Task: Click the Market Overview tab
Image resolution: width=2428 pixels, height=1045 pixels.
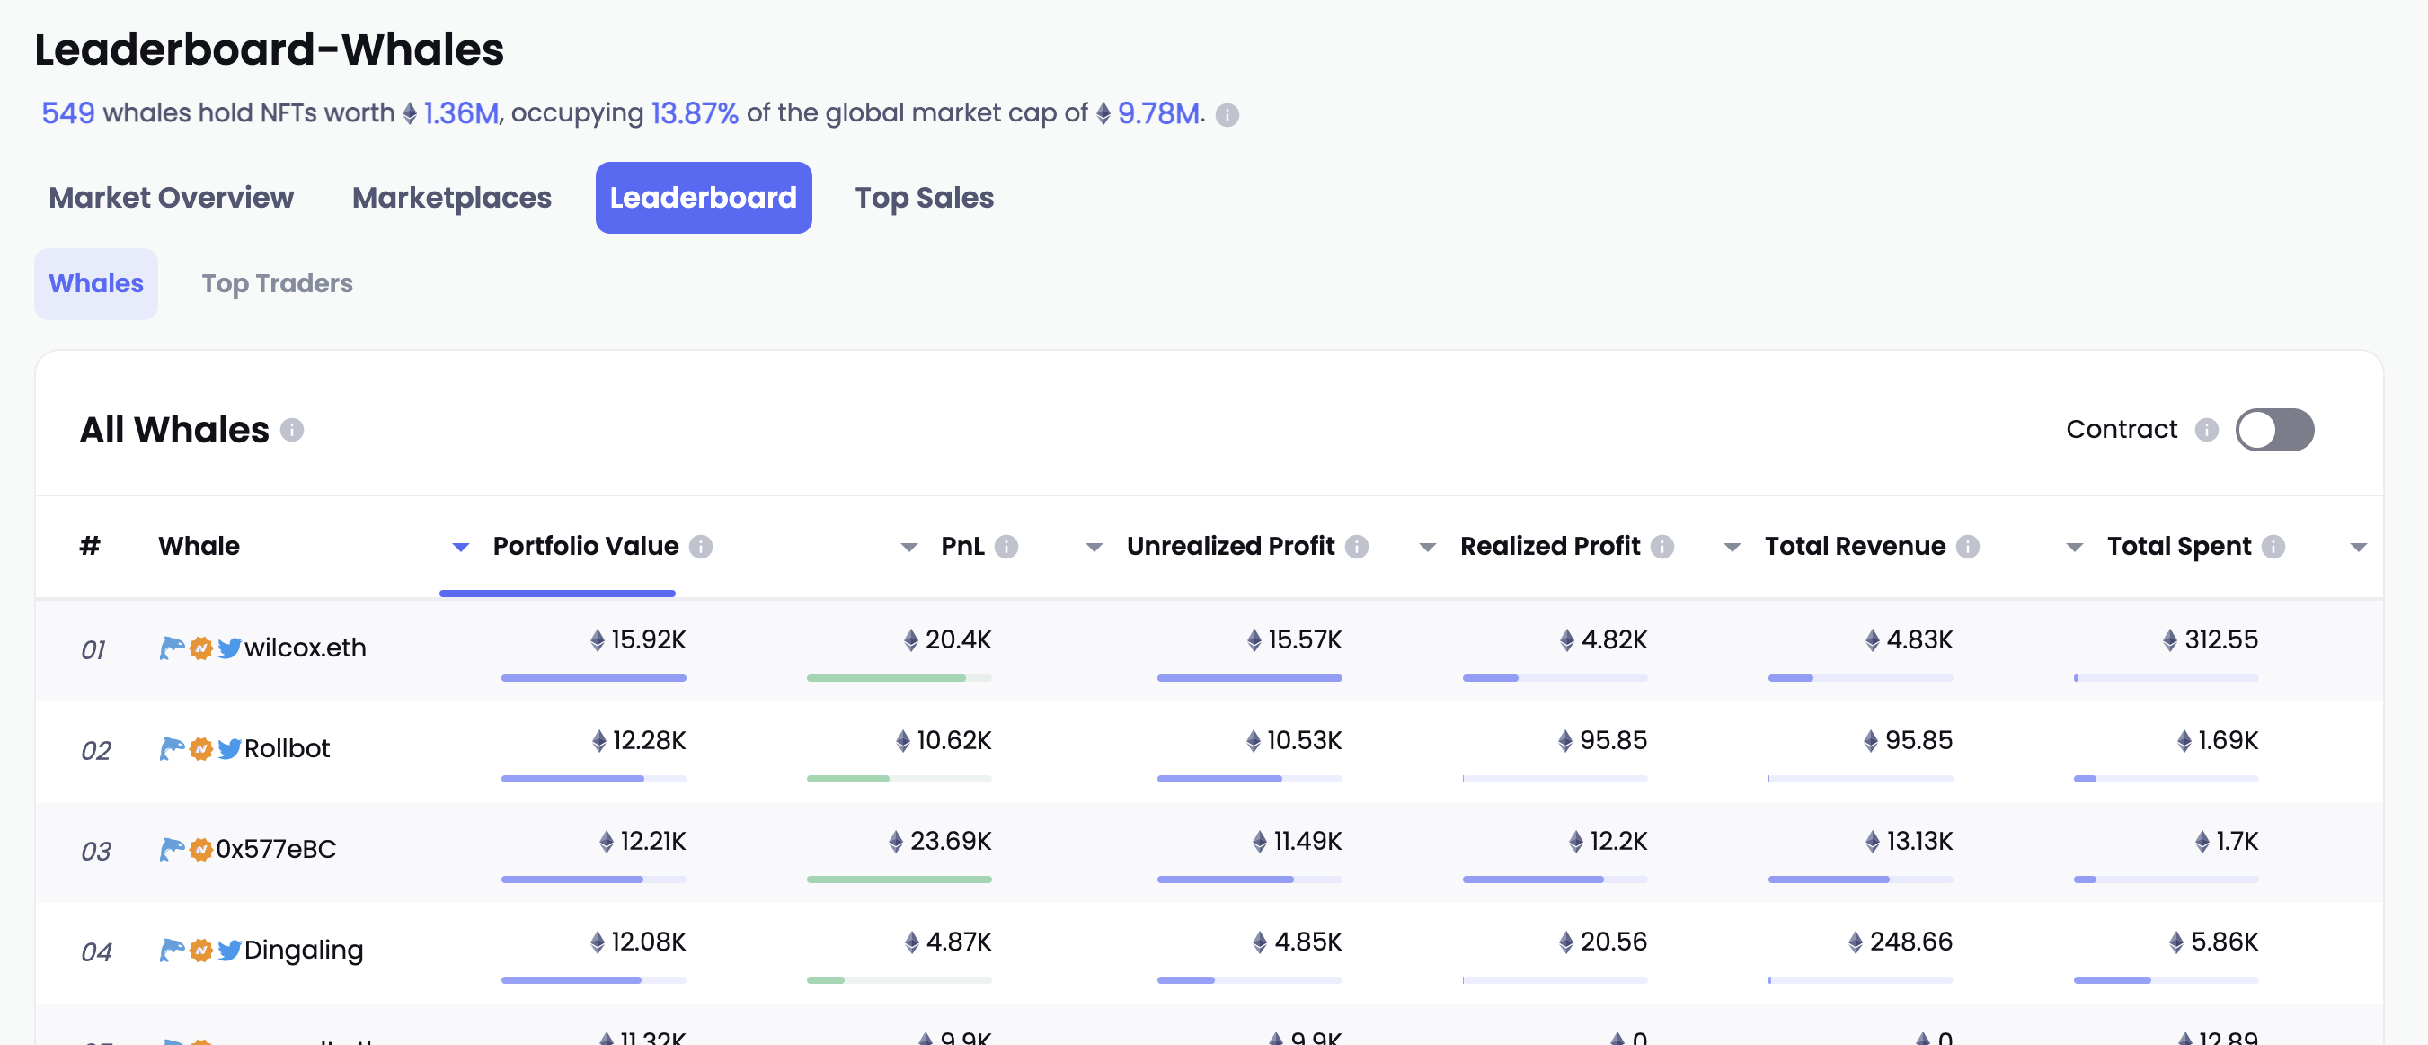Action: tap(171, 198)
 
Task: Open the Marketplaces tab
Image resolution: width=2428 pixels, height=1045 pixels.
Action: tap(451, 198)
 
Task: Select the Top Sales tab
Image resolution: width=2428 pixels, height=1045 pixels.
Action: tap(924, 198)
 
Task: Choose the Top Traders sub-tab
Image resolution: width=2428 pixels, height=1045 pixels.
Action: tap(277, 284)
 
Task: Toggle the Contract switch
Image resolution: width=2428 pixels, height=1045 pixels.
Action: tap(2273, 430)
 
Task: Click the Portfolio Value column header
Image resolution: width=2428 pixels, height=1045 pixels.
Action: tap(585, 546)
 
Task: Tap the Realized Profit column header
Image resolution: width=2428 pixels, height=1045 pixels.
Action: tap(1549, 546)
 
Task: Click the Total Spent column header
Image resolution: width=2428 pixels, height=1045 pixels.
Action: tap(2178, 546)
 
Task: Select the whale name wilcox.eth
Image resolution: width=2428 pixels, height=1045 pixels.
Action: tap(306, 648)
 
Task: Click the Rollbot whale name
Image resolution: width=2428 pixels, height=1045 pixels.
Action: tap(288, 749)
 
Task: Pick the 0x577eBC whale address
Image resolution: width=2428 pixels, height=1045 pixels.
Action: tap(276, 850)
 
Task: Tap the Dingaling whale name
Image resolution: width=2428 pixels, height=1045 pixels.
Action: tap(304, 950)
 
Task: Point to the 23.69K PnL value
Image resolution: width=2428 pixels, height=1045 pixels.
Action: tap(949, 841)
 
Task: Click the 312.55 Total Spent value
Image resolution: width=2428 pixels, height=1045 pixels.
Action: tap(2220, 640)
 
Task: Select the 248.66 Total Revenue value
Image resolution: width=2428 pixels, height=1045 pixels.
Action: tap(1910, 942)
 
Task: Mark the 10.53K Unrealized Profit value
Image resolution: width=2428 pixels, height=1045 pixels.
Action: tap(1303, 741)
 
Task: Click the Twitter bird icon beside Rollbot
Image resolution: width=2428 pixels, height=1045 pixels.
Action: tap(229, 749)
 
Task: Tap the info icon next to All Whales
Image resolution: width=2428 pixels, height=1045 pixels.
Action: tap(292, 430)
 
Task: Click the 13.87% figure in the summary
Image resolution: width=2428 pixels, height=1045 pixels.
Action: tap(694, 113)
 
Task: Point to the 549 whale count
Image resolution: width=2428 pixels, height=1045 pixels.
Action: tap(68, 113)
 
